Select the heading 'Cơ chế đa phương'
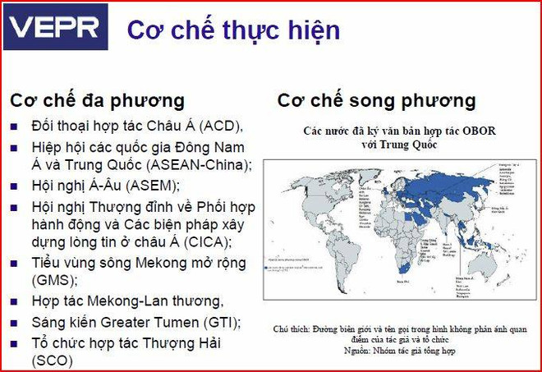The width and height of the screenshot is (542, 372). point(97,101)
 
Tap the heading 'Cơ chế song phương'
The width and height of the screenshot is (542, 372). point(376,101)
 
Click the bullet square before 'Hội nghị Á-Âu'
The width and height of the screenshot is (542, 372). point(15,186)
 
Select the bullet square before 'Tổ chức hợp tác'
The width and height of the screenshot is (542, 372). point(15,342)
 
